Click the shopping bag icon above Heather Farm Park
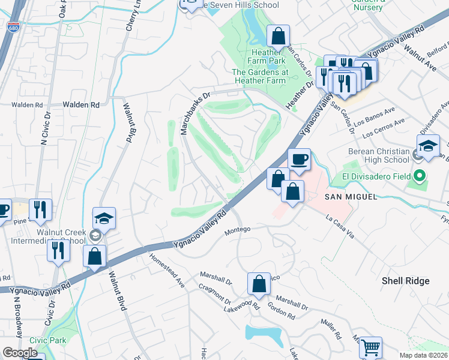tap(278, 37)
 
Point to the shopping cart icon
tap(370, 347)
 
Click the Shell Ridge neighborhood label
tap(406, 281)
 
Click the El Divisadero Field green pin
tap(420, 176)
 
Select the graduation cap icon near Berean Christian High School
tap(429, 147)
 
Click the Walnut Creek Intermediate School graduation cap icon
tap(104, 219)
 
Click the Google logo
tap(20, 353)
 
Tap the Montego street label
tap(237, 229)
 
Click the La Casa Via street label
tap(340, 227)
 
